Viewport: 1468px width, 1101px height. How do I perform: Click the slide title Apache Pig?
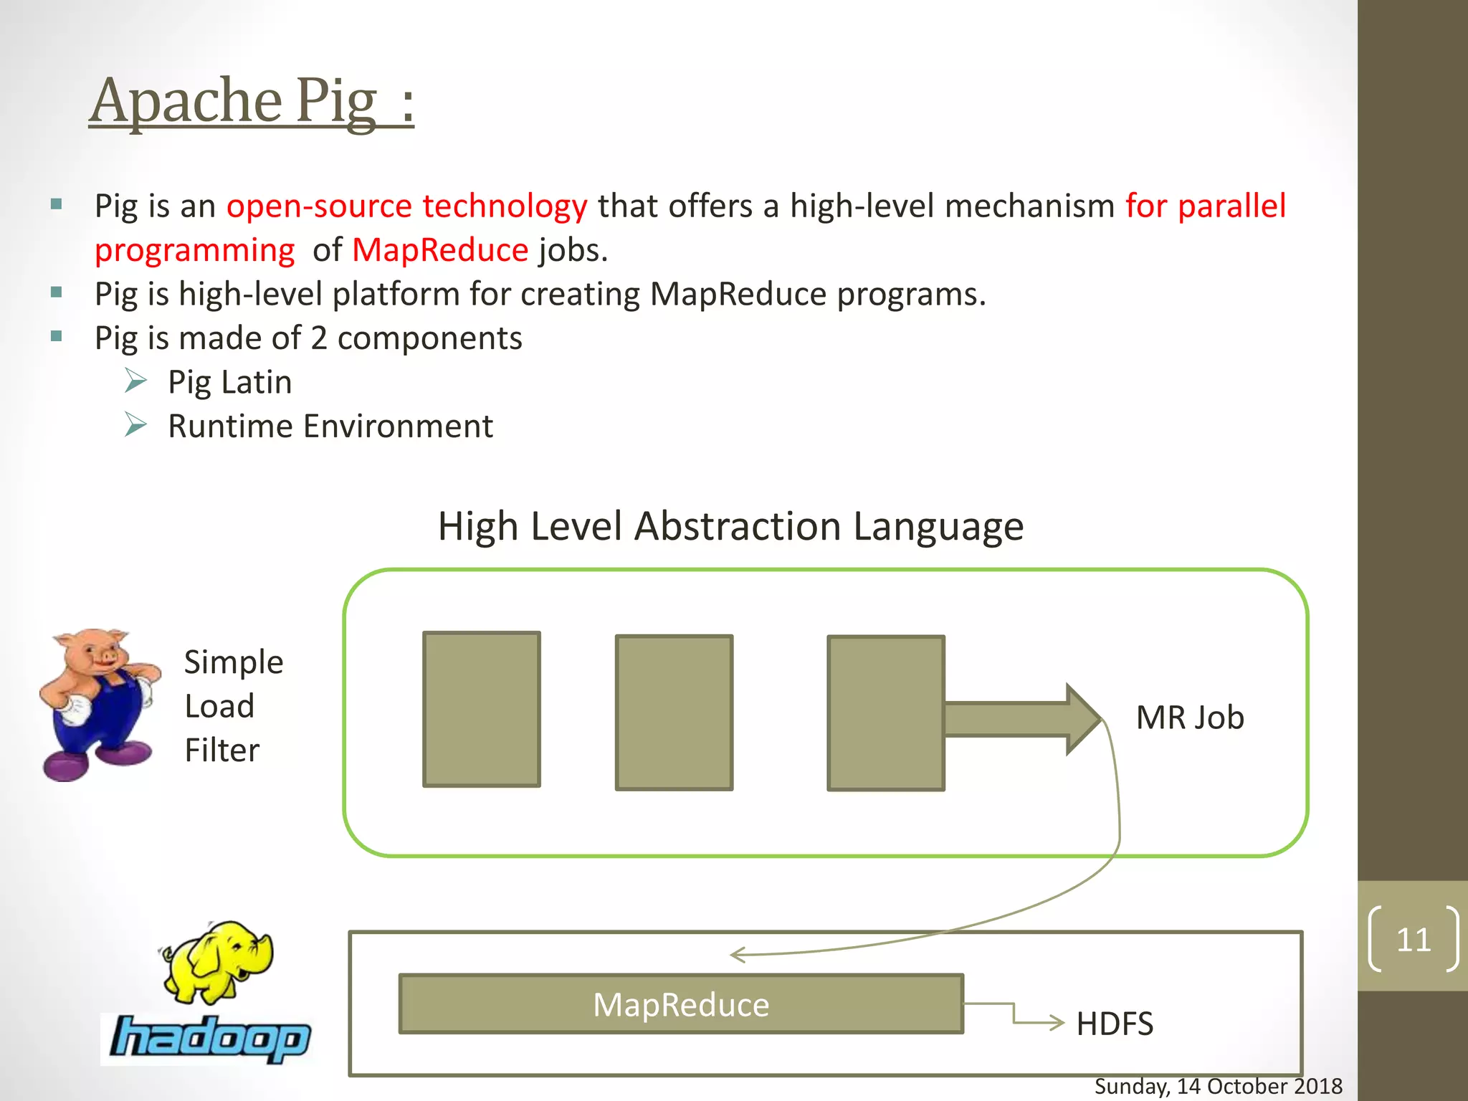tap(251, 102)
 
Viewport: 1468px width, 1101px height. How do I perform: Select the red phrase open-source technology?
tap(406, 206)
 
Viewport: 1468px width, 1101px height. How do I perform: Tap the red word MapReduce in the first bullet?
tap(440, 251)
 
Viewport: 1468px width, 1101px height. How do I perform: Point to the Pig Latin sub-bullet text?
tap(229, 382)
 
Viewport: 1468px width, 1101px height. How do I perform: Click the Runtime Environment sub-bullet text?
tap(330, 426)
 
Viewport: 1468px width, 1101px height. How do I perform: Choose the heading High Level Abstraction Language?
tap(730, 527)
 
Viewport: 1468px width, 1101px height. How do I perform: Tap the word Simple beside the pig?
tap(234, 662)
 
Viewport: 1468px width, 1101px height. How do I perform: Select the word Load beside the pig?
tap(219, 707)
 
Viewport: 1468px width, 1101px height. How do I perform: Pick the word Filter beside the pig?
tap(221, 750)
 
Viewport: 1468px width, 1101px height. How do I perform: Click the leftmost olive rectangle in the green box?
tap(481, 709)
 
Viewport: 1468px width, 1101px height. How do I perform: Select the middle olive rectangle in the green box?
tap(674, 712)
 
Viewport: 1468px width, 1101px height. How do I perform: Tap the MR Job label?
tap(1190, 718)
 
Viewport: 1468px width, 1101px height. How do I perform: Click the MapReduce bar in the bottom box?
tap(681, 1004)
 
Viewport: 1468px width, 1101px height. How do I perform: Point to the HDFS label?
tap(1115, 1024)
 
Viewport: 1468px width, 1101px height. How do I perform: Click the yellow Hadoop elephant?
tap(219, 961)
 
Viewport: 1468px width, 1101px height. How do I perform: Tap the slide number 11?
tap(1413, 940)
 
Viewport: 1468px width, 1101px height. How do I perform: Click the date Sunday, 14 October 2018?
tap(1218, 1087)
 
